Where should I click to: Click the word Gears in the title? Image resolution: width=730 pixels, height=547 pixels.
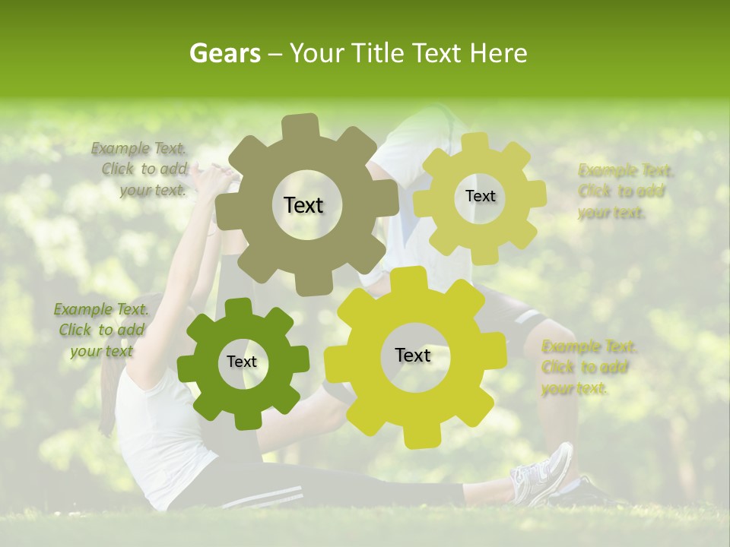pyautogui.click(x=224, y=53)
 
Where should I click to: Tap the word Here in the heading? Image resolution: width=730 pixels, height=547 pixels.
pyautogui.click(x=499, y=53)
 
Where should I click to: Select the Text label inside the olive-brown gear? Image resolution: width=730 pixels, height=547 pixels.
pyautogui.click(x=303, y=205)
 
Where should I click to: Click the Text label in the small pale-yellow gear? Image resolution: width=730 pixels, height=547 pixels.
pyautogui.click(x=480, y=196)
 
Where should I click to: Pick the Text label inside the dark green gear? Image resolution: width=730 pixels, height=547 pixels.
pyautogui.click(x=242, y=362)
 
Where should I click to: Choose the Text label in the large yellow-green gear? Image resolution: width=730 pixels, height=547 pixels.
pyautogui.click(x=413, y=356)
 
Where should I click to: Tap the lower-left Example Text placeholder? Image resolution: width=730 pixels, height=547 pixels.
pyautogui.click(x=100, y=330)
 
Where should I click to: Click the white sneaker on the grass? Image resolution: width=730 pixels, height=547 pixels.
pyautogui.click(x=543, y=474)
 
